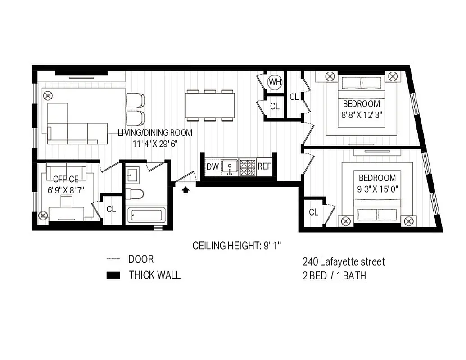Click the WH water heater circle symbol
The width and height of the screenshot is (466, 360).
click(274, 82)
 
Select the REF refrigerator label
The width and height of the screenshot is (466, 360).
click(264, 166)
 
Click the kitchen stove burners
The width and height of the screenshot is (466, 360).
click(247, 167)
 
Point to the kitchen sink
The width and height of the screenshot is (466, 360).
click(230, 167)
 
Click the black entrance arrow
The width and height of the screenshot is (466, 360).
click(185, 190)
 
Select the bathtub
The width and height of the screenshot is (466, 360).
click(145, 215)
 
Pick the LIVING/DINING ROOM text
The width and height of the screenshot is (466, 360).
click(155, 133)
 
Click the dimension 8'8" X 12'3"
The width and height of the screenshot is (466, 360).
click(362, 114)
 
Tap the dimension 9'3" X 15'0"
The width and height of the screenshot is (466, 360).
click(377, 189)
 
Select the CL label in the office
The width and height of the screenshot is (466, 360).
click(111, 209)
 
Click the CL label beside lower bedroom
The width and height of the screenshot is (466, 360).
click(314, 211)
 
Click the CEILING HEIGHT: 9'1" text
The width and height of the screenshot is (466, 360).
click(237, 246)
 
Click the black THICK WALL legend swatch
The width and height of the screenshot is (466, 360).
click(113, 275)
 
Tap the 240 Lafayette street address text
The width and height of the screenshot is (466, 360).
click(344, 261)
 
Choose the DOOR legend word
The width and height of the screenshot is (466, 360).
click(141, 259)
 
